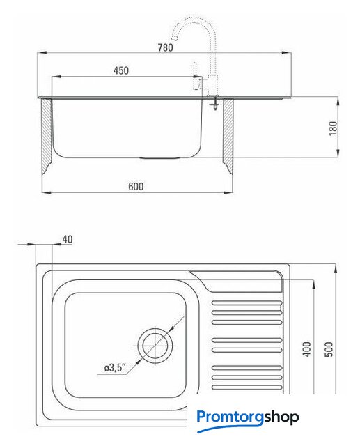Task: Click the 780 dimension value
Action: point(165,47)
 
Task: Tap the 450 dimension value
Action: point(121,70)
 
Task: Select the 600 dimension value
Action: point(136,186)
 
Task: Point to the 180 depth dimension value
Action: point(333,128)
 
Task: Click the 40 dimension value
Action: point(68,239)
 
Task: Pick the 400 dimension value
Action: point(307,349)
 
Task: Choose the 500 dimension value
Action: point(328,349)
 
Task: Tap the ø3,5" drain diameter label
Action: point(114,368)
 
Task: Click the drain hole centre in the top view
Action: point(155,346)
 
